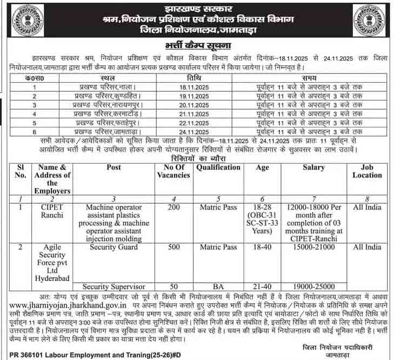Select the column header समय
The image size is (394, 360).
[x=309, y=78]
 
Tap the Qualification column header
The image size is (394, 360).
[x=218, y=168]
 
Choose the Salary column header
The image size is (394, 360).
[x=313, y=168]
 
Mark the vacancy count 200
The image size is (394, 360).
[x=173, y=208]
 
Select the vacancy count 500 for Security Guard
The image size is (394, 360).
[x=173, y=247]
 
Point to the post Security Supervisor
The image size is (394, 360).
[x=113, y=286]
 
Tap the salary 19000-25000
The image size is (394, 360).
[x=313, y=286]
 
